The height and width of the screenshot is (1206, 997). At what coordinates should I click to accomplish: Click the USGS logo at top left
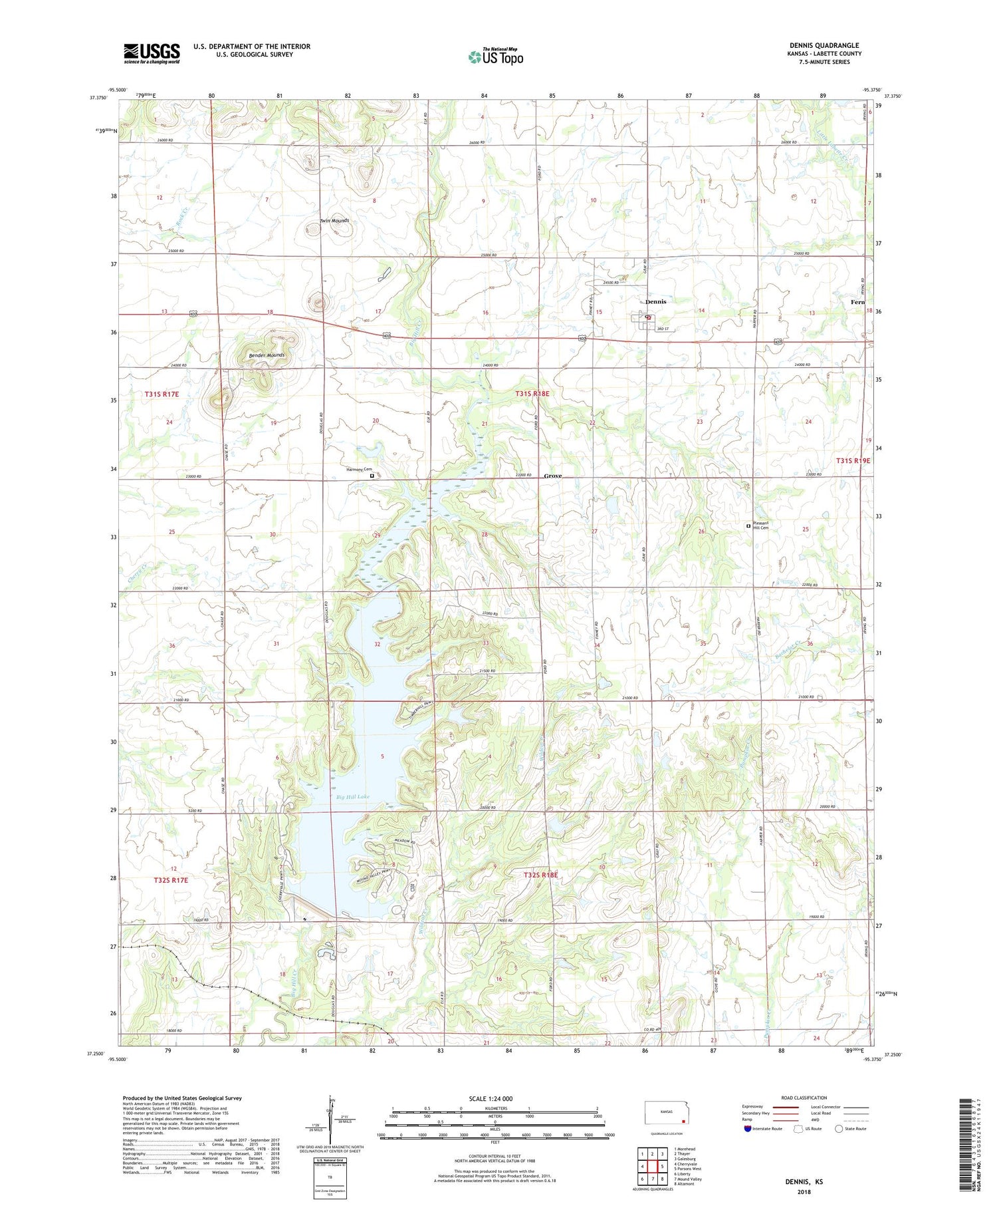tap(152, 53)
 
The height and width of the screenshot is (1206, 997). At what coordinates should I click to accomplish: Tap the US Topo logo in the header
tap(496, 57)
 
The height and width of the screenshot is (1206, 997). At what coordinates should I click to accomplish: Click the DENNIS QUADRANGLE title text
tap(824, 45)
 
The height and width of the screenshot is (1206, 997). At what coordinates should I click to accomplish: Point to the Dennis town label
tap(655, 302)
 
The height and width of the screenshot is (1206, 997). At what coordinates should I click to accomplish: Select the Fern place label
tap(857, 303)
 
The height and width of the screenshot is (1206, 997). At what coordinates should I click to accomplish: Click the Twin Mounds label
tap(334, 221)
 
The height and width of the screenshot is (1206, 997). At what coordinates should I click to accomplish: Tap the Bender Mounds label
tap(267, 356)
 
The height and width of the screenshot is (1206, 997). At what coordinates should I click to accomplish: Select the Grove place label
tap(553, 476)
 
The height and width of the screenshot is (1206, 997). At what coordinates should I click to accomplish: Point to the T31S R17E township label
tap(162, 394)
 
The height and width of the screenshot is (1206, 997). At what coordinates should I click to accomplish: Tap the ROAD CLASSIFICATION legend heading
tap(804, 1098)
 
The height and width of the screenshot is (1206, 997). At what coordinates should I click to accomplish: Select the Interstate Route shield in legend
tap(749, 1129)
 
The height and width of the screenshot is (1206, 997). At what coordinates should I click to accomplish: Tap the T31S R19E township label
tap(853, 460)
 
